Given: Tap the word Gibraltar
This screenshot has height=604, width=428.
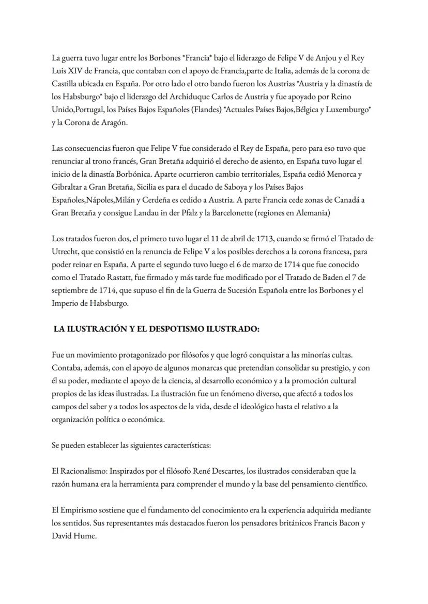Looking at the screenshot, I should pyautogui.click(x=67, y=187).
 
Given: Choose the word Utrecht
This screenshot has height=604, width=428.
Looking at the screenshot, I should pyautogui.click(x=66, y=252).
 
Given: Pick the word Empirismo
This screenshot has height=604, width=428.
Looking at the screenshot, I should pyautogui.click(x=83, y=510).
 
